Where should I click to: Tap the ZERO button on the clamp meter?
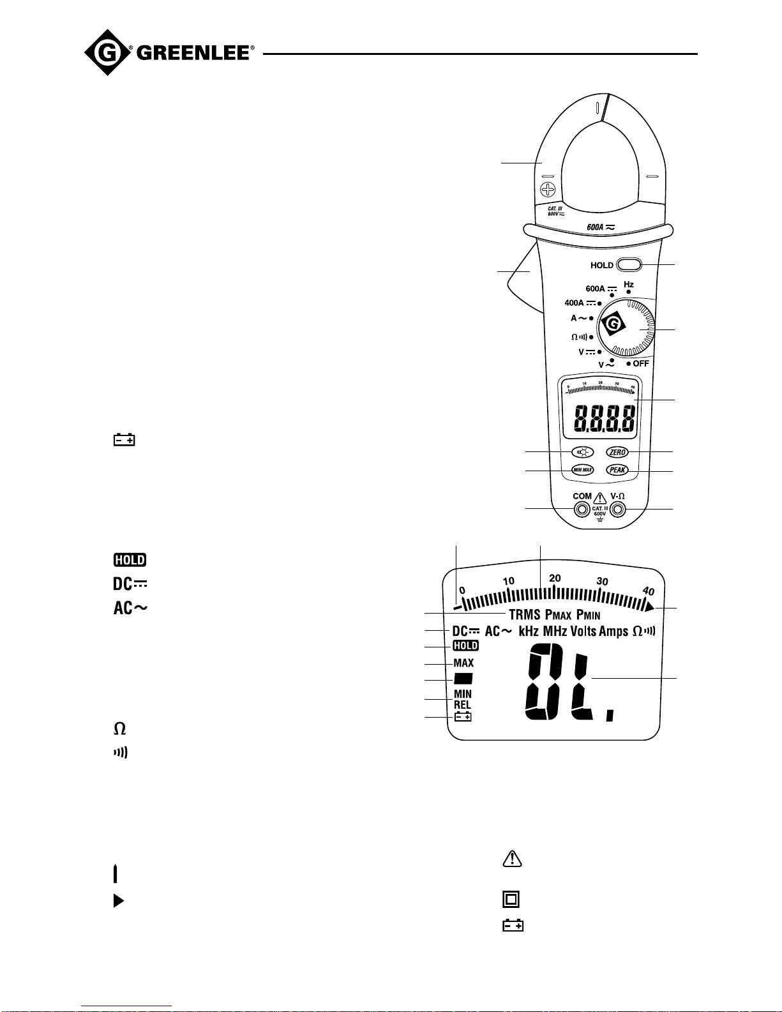click(617, 452)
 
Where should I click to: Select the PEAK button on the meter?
click(617, 470)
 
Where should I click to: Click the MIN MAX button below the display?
click(582, 470)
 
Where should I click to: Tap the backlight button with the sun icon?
click(582, 452)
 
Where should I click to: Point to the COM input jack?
click(582, 509)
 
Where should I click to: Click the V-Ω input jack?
click(617, 509)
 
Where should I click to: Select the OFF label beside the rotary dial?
click(640, 363)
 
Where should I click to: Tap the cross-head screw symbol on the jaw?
click(548, 189)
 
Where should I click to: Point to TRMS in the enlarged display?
click(525, 615)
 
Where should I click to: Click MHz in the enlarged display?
click(555, 631)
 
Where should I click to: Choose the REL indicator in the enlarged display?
click(463, 705)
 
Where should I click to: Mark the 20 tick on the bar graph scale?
click(555, 578)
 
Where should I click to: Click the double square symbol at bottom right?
click(511, 900)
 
